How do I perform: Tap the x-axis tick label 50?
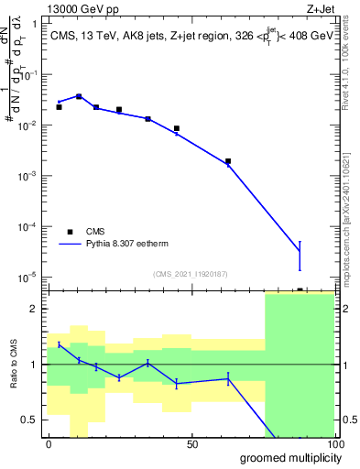(x=192, y=444)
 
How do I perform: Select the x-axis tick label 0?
(x=49, y=444)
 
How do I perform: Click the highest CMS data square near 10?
(x=79, y=96)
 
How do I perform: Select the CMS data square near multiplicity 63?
(x=228, y=161)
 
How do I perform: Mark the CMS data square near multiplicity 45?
(x=177, y=128)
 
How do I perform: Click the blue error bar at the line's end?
(x=300, y=256)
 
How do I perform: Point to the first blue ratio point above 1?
(x=60, y=344)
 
